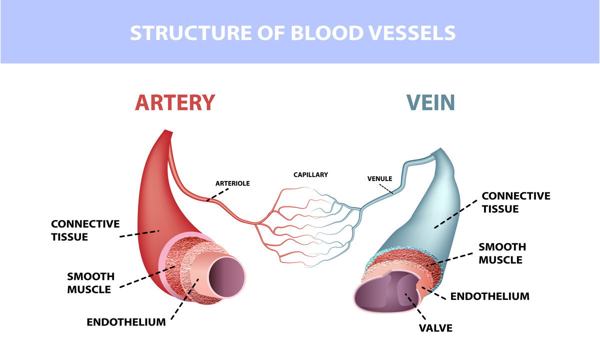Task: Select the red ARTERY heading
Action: click(175, 102)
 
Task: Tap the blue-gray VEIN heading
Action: click(430, 102)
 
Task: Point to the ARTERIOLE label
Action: click(232, 183)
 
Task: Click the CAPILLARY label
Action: click(310, 175)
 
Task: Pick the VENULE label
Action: click(380, 178)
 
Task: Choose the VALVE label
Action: click(436, 328)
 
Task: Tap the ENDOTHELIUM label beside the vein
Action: click(489, 296)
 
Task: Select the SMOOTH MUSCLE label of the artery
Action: click(91, 282)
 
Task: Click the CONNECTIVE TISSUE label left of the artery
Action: click(85, 230)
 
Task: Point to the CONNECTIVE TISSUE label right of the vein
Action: click(515, 202)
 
